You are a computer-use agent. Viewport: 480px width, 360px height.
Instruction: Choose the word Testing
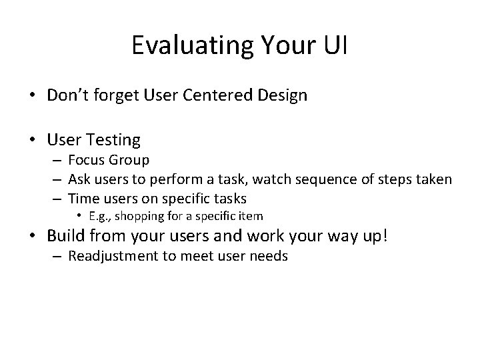coord(113,140)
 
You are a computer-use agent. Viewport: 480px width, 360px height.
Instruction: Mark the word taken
coord(435,179)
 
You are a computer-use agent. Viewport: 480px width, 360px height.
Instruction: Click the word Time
coord(83,198)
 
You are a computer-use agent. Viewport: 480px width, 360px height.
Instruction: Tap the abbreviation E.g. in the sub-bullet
coord(104,216)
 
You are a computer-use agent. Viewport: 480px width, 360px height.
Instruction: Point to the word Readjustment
coord(113,257)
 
